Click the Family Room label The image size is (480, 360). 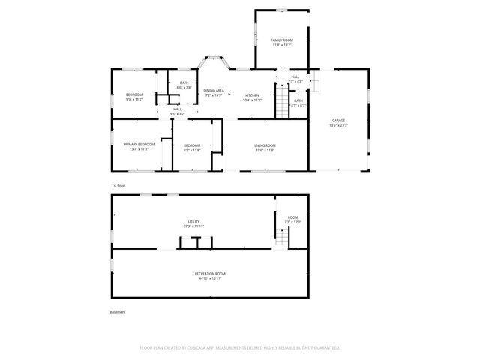point(282,43)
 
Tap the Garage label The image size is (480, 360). point(339,123)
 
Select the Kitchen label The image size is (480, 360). point(252,97)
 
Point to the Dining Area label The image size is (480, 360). point(214,93)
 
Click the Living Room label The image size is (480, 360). point(265,148)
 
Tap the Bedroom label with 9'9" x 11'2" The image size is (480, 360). point(134,97)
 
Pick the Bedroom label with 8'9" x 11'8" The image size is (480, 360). point(192,148)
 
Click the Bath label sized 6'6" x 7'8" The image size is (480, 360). point(184,85)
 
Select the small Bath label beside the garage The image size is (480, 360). point(298,103)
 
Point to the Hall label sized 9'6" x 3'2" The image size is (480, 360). point(177,112)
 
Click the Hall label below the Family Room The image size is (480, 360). point(295,79)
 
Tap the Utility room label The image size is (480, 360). point(194,223)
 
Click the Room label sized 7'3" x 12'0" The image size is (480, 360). point(292,220)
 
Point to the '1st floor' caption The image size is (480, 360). point(118,184)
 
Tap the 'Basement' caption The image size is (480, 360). point(118,312)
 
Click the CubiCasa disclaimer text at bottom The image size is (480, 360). point(240,347)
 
